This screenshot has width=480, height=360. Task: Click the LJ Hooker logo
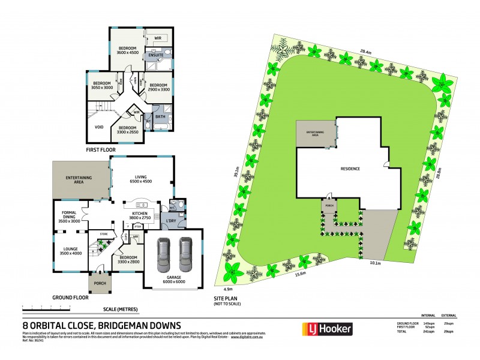click(x=326, y=329)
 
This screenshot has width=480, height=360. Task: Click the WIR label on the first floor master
click(x=158, y=38)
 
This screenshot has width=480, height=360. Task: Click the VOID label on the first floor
click(x=100, y=127)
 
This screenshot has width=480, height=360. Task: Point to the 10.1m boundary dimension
click(x=376, y=262)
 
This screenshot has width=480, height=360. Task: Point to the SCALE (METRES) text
click(x=121, y=309)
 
